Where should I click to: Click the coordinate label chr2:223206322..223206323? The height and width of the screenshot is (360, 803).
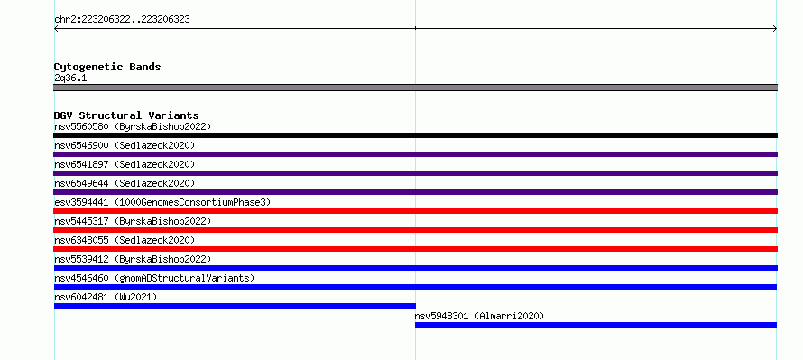tap(122, 20)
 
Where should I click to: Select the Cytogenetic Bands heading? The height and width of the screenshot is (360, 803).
tap(107, 67)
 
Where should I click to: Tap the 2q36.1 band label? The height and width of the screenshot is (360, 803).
tap(70, 78)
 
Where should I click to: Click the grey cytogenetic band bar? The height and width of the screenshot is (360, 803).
tap(415, 88)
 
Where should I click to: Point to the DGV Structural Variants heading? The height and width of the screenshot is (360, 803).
tap(126, 115)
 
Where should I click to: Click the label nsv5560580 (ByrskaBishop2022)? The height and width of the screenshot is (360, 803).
tap(133, 126)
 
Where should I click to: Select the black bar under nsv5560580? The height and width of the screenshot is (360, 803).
tap(415, 135)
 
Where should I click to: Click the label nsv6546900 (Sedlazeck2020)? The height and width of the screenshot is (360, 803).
tap(125, 145)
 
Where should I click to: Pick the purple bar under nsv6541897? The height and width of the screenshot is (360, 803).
tap(415, 173)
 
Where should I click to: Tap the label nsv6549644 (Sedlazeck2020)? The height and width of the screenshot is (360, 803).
tap(125, 183)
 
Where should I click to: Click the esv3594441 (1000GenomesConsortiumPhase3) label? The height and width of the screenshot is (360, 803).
tap(162, 202)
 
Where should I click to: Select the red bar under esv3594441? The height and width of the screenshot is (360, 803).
tap(415, 211)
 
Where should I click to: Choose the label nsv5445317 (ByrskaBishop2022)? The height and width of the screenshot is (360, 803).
tap(133, 221)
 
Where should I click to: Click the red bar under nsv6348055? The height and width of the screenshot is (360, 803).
tap(415, 249)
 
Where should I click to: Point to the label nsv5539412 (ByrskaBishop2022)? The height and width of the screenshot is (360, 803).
tap(133, 259)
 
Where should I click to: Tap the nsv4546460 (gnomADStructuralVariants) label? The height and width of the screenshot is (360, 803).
tap(154, 278)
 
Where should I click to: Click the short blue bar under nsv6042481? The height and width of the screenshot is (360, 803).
tap(235, 306)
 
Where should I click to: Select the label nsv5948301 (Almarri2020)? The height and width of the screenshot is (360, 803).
tap(479, 316)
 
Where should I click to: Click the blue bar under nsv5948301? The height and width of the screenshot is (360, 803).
tap(595, 325)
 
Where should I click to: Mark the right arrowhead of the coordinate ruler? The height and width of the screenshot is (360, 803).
tap(776, 29)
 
